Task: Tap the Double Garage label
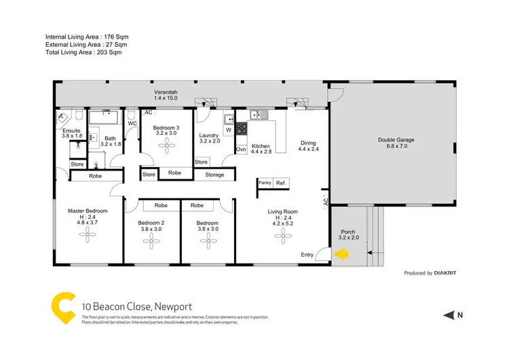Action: pos(396,141)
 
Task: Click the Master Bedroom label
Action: pos(88,211)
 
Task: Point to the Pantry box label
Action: pos(265,183)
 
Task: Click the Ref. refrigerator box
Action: pos(281,183)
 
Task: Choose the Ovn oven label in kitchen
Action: pos(241,149)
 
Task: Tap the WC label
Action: pos(132,124)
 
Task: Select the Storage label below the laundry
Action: pos(214,175)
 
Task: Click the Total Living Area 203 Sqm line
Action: pos(85,53)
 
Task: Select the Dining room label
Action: pos(308,143)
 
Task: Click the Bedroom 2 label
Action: pos(151,223)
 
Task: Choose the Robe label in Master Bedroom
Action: pos(95,177)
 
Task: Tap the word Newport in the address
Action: pos(172,306)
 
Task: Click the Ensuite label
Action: pos(72,130)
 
